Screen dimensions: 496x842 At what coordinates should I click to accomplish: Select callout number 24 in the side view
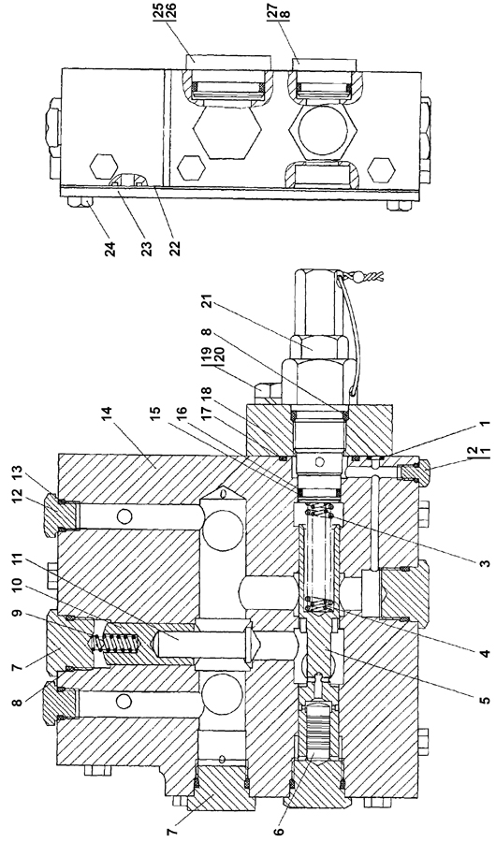click(x=110, y=250)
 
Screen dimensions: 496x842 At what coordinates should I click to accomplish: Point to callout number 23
click(x=146, y=250)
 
